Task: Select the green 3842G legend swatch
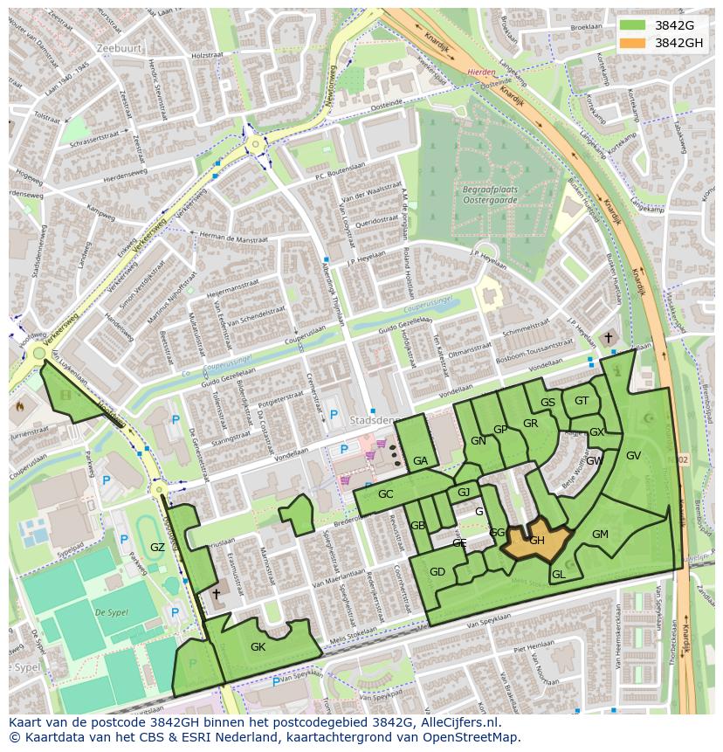pos(633,25)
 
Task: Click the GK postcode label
pos(258,647)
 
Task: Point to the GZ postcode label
pos(157,548)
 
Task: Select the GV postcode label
pos(633,455)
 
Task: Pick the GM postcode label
pos(600,534)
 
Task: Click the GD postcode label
pos(437,572)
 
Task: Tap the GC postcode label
pos(386,494)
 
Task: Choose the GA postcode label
pos(420,461)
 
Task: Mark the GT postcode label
pos(582,401)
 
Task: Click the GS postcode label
pos(547,403)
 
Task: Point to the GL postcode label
pos(559,574)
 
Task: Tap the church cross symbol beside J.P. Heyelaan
pos(609,337)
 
